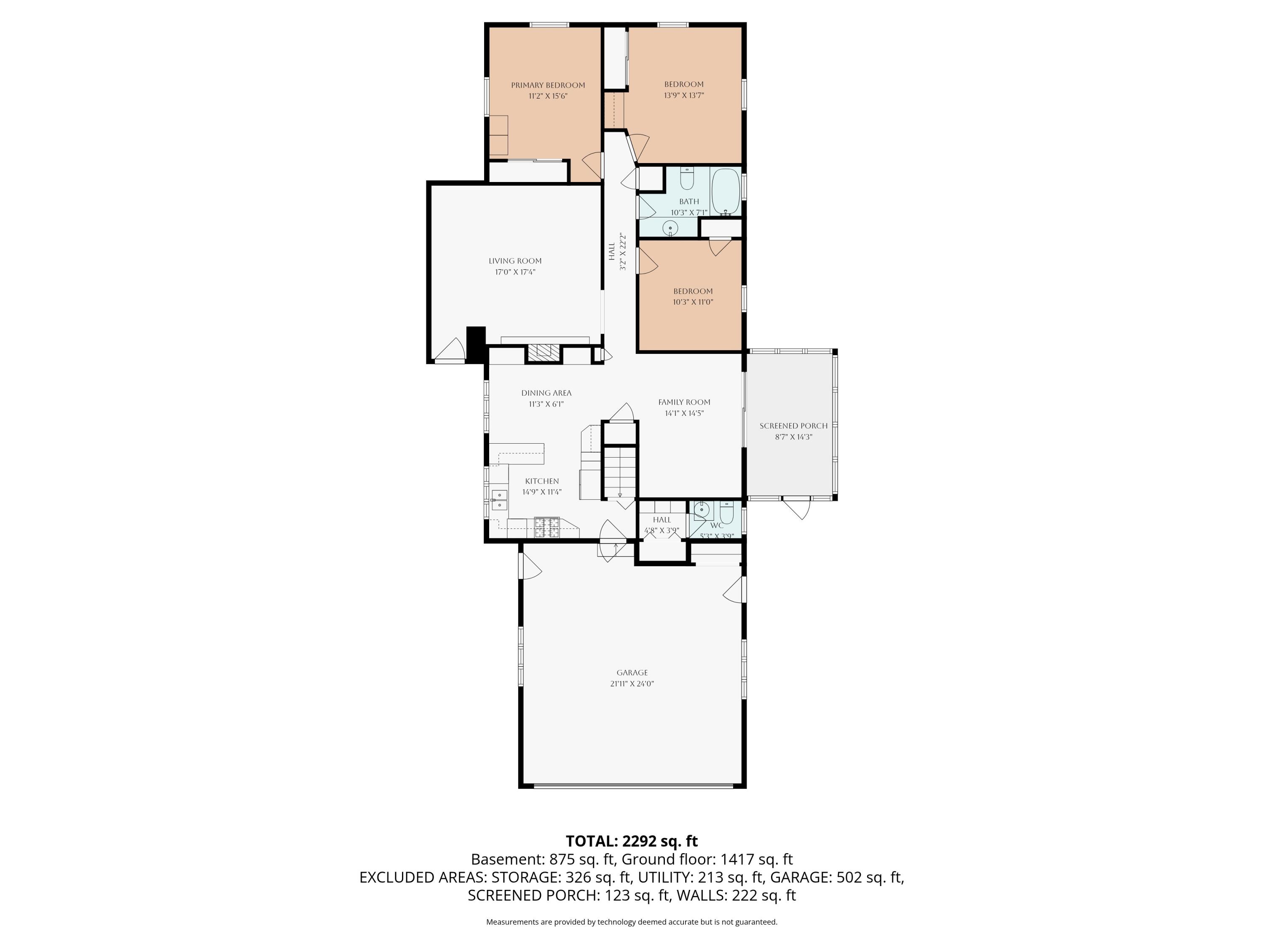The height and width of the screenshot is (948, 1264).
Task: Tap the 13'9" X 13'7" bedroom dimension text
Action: (683, 95)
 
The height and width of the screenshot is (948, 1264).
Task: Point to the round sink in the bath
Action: (670, 228)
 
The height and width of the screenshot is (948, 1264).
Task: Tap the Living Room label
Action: (515, 260)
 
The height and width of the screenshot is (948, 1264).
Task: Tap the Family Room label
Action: (684, 402)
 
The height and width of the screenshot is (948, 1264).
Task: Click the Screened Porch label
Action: (793, 426)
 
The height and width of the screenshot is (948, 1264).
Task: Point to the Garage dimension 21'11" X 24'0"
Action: (632, 683)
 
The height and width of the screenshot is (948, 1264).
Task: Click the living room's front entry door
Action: (451, 352)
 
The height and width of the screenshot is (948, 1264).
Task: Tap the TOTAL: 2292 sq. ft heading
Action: (632, 841)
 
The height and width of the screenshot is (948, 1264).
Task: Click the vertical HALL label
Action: (611, 252)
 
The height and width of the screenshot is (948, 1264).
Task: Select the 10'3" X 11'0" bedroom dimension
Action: (693, 302)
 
